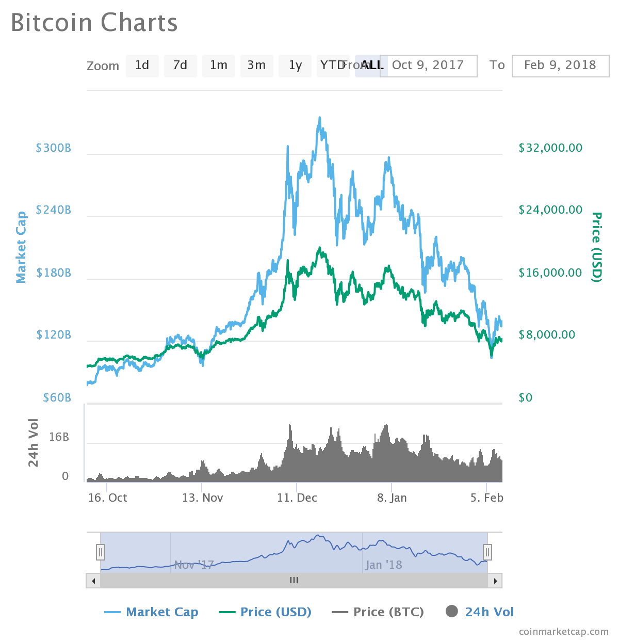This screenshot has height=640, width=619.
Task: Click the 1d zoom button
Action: [142, 66]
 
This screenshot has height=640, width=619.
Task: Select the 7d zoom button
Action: [180, 66]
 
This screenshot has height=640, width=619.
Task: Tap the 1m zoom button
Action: [218, 66]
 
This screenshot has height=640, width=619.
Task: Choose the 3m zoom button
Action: [256, 66]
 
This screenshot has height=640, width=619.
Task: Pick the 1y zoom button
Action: [295, 66]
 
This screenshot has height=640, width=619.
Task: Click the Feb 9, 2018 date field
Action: [560, 66]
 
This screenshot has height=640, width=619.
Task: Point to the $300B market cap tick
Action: [54, 148]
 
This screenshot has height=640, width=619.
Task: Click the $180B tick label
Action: [54, 273]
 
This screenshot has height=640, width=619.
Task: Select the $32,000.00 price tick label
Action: [550, 148]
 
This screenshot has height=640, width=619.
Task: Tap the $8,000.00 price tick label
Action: [547, 335]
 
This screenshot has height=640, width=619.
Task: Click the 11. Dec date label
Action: [297, 498]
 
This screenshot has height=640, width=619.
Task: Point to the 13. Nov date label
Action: [202, 498]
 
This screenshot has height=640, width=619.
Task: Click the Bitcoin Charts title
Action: [94, 23]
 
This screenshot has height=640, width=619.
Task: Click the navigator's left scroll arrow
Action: [93, 581]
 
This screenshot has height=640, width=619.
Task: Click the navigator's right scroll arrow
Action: [495, 581]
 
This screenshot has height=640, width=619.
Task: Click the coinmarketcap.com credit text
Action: [564, 632]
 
